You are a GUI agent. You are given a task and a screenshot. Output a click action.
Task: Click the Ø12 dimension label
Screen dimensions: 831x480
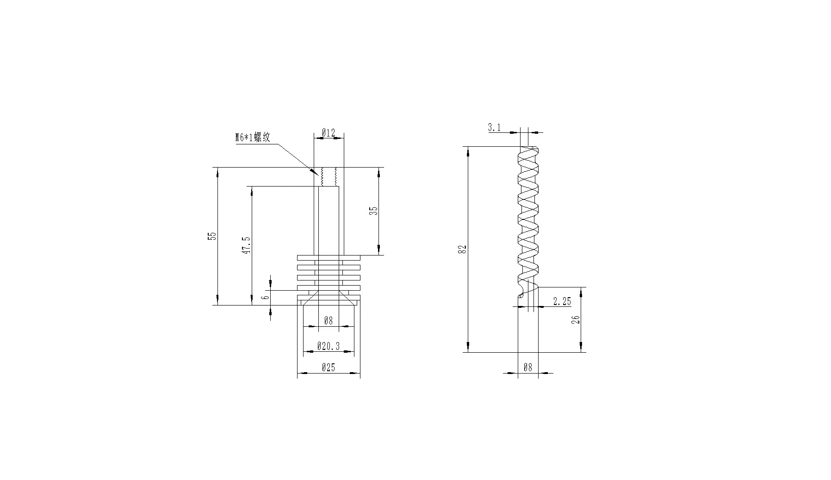(328, 133)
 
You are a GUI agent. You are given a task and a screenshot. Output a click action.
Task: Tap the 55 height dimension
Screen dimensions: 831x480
(212, 236)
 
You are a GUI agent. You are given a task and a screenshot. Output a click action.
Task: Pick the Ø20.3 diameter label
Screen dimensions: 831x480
(328, 346)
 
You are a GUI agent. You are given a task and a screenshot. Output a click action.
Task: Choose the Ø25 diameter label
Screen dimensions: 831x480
(328, 368)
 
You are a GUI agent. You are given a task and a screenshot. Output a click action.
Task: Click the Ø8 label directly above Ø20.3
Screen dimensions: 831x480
(328, 320)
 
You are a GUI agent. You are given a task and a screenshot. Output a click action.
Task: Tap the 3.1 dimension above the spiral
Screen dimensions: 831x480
(494, 128)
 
